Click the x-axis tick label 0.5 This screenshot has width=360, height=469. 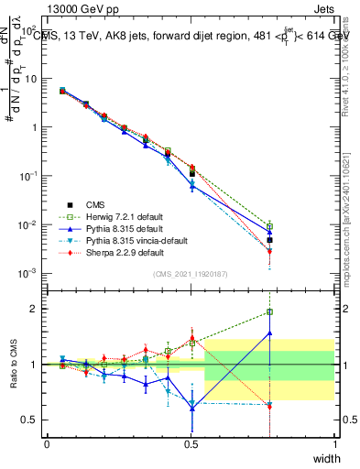pos(191,442)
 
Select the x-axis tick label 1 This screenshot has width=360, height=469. pos(335,442)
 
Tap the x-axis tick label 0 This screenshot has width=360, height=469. pos(47,442)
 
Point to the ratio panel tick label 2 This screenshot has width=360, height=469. pos(35,309)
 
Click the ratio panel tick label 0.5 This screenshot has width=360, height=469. pos(30,420)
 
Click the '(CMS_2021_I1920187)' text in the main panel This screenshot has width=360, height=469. pos(191,274)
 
